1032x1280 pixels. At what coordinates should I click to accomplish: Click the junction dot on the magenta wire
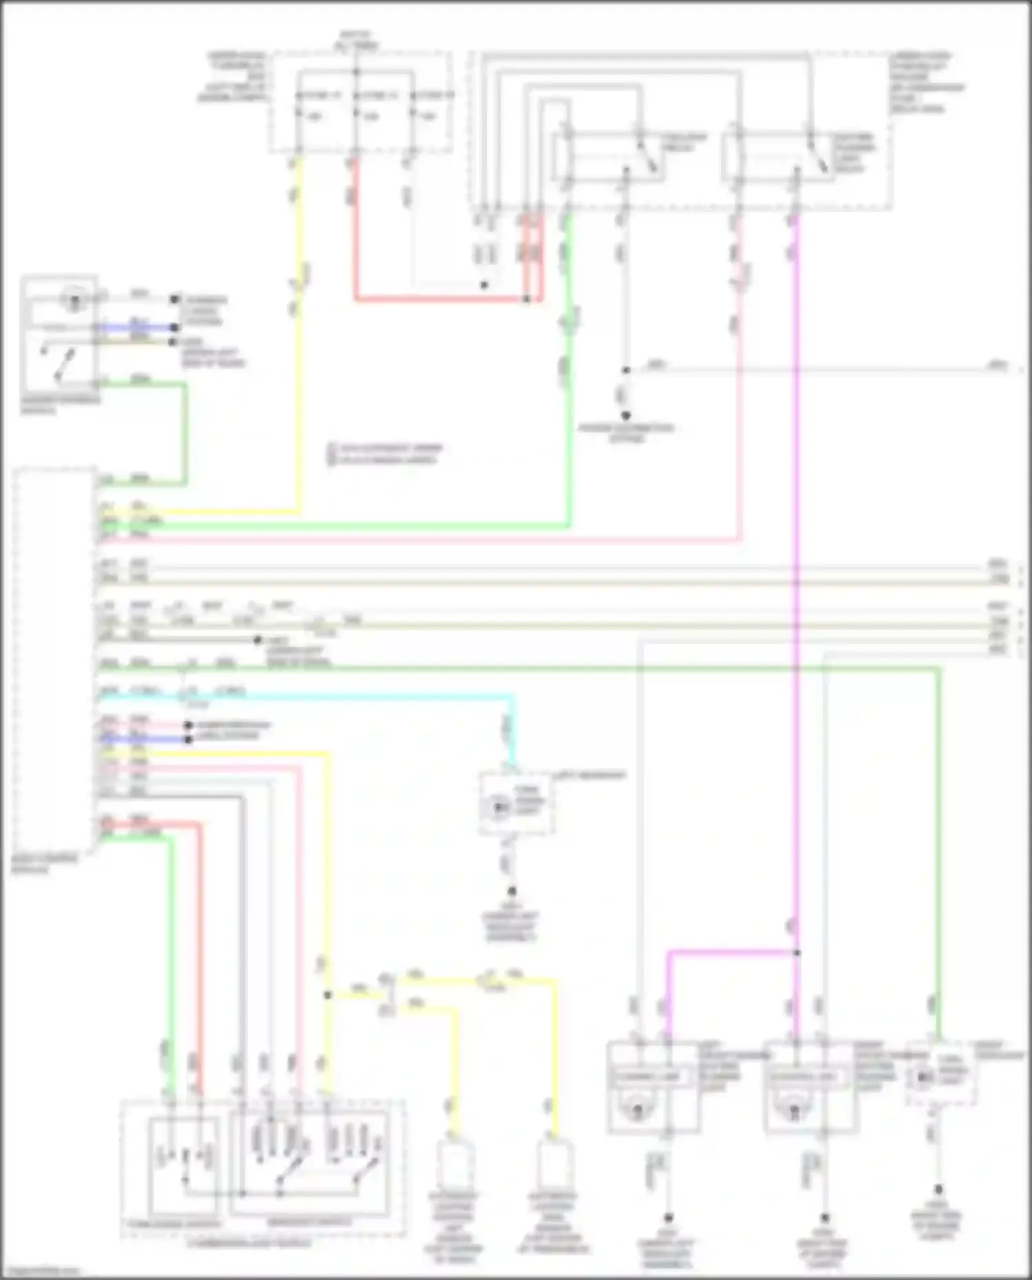click(797, 953)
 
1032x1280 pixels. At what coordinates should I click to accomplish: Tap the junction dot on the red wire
click(526, 299)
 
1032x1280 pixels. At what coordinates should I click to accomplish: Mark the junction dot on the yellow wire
click(327, 995)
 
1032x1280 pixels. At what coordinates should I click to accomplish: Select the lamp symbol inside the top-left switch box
click(70, 299)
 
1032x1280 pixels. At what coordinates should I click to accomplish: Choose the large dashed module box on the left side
click(54, 660)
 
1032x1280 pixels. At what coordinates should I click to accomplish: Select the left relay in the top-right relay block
click(609, 157)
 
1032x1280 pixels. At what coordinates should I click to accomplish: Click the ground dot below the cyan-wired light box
click(511, 891)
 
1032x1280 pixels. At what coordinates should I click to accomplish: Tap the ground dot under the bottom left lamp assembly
click(667, 1217)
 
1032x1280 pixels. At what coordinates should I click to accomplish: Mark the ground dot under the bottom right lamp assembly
click(825, 1217)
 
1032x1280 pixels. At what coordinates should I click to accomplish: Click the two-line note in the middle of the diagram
click(385, 454)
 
